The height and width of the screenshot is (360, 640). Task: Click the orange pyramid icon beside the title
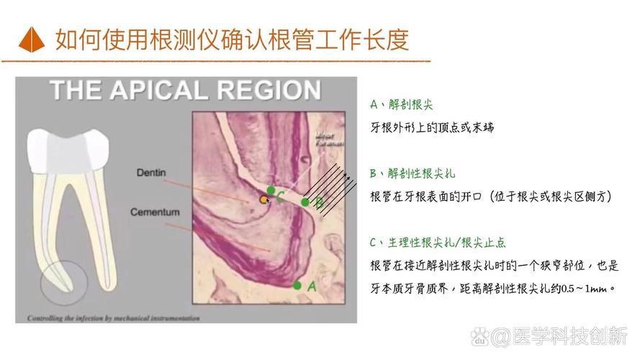pos(32,38)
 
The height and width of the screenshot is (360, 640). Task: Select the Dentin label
pos(150,173)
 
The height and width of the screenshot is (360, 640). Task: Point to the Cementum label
pos(155,212)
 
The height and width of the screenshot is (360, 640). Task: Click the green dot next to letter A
pos(297,285)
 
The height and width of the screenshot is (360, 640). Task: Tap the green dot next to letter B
pos(305,202)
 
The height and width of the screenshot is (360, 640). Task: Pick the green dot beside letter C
pos(270,190)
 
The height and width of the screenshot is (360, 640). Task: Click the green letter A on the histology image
pos(312,286)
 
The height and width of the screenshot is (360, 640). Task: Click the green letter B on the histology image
pos(319,202)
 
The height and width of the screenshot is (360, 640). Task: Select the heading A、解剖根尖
pos(402,105)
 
